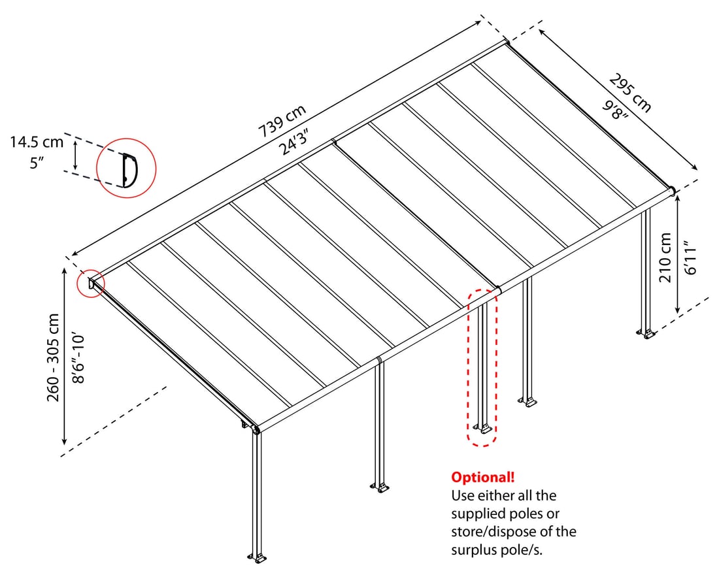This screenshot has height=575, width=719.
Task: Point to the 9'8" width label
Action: click(x=614, y=108)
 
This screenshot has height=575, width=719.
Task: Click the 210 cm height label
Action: click(x=666, y=257)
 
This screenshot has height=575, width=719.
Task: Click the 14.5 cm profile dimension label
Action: click(x=37, y=142)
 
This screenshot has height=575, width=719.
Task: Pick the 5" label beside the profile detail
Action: click(x=37, y=163)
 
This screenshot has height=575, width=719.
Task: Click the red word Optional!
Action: click(x=483, y=477)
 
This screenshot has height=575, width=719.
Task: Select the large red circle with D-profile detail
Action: click(x=126, y=168)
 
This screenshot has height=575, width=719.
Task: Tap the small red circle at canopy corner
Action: click(x=90, y=284)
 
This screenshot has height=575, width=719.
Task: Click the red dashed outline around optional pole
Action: click(x=483, y=368)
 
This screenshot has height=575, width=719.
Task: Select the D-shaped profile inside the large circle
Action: click(x=129, y=170)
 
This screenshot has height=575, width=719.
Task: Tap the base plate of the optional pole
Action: click(x=483, y=429)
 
